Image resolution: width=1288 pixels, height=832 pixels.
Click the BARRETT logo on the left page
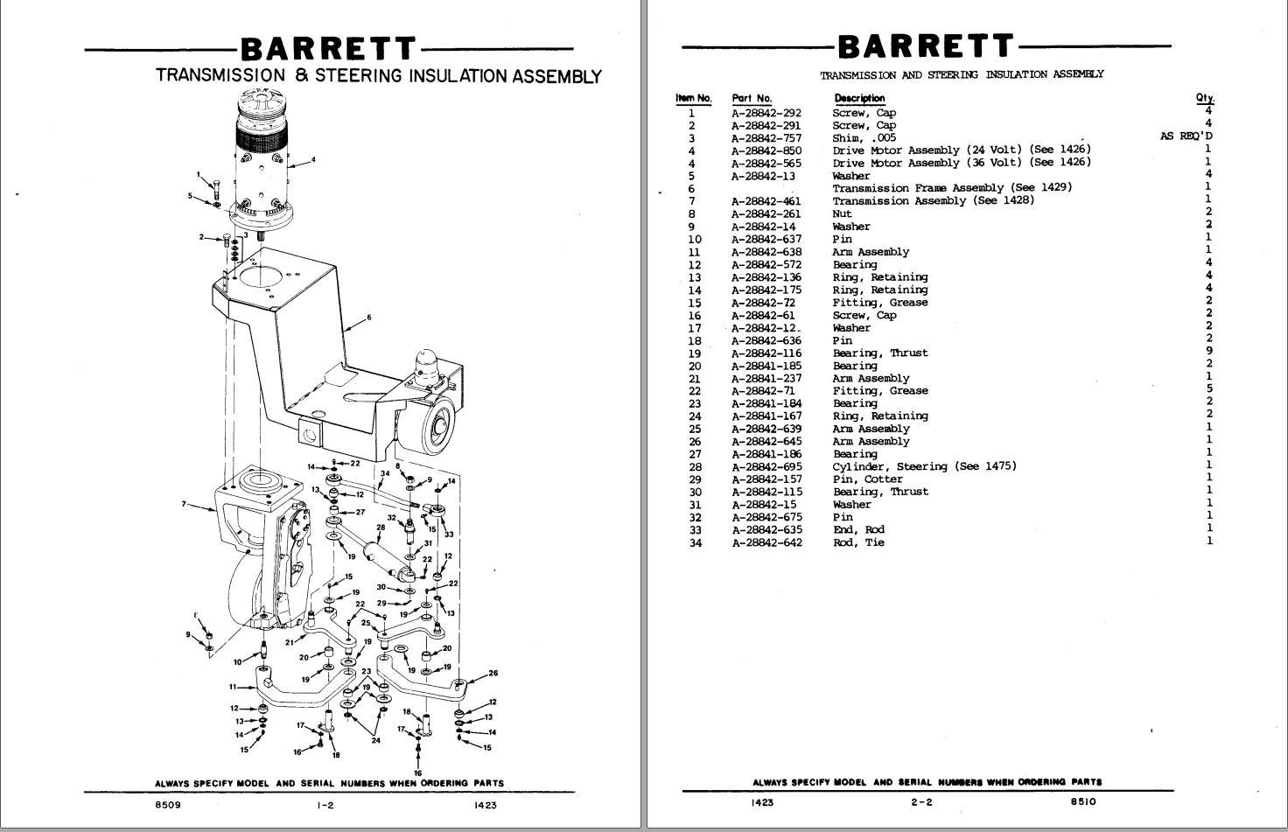328,49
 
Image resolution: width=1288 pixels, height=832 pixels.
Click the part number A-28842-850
766,150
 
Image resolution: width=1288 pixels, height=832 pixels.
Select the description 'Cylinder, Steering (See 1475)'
924,466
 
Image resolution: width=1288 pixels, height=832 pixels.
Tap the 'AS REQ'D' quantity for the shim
1186,136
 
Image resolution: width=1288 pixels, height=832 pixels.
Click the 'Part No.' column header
752,99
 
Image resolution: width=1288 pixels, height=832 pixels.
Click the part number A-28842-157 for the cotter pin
766,479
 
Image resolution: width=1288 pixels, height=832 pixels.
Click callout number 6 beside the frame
369,318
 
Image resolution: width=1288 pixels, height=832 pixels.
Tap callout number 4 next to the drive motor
312,160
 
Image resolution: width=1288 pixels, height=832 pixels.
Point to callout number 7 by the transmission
184,504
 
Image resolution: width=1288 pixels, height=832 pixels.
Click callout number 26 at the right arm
493,673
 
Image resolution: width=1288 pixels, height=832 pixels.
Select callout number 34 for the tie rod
384,474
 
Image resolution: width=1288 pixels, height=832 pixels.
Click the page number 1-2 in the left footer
325,806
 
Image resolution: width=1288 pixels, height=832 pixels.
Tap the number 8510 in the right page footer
1082,801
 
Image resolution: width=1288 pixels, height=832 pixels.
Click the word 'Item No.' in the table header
693,99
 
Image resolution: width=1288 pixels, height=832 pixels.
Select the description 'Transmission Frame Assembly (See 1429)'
951,188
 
